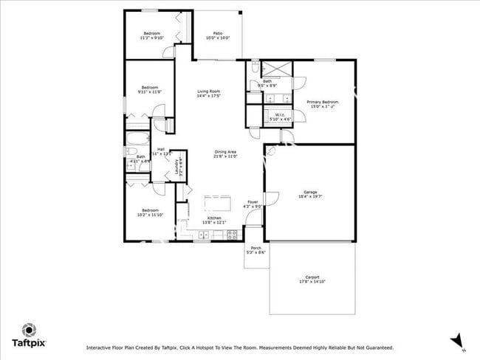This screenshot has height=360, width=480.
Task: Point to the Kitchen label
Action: (x=214, y=219)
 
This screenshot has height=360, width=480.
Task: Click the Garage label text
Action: (x=310, y=193)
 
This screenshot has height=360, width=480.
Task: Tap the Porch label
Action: (x=256, y=249)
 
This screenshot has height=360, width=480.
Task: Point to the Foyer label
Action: (x=253, y=204)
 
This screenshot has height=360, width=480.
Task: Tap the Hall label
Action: (x=160, y=150)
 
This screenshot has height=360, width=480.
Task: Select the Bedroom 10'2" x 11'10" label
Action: (x=150, y=212)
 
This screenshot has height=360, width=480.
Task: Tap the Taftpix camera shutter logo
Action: (x=29, y=329)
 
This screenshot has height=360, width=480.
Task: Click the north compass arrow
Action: (x=457, y=340)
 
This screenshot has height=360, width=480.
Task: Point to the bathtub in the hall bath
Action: (x=138, y=140)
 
